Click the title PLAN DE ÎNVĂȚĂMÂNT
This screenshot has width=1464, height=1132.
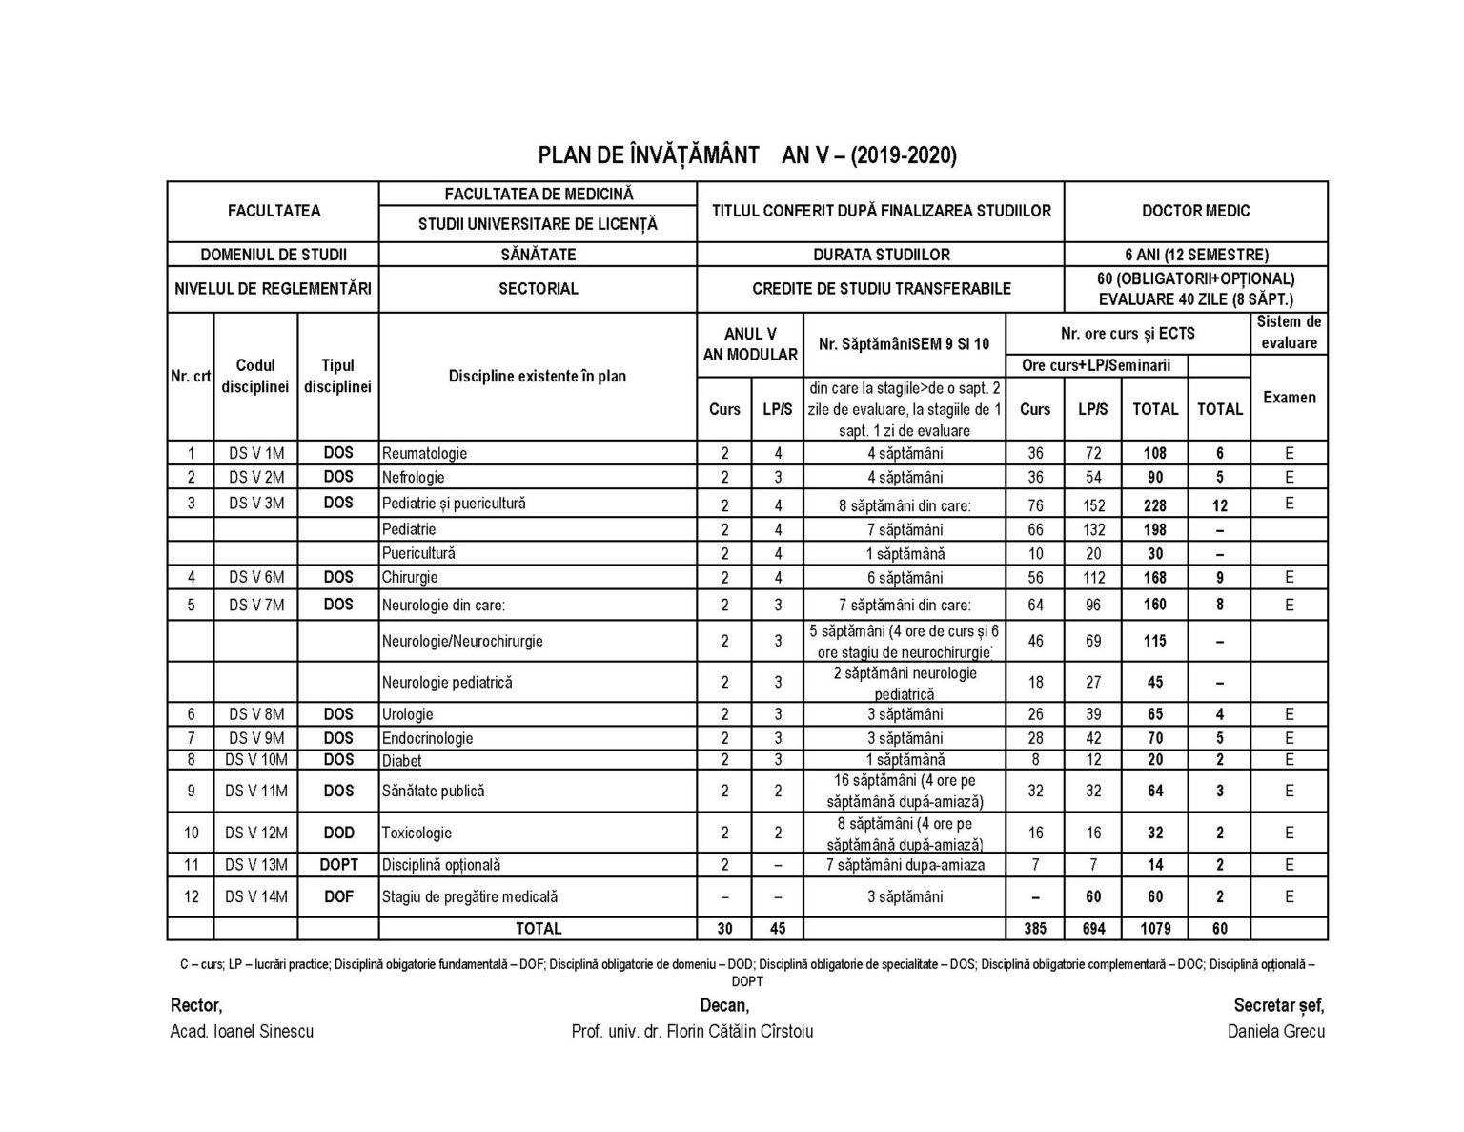[x=649, y=154]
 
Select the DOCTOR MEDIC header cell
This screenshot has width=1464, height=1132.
[x=1195, y=211]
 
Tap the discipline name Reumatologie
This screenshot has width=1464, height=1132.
[x=424, y=453]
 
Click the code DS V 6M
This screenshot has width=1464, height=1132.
[x=255, y=577]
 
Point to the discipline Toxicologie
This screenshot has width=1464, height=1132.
[x=417, y=833]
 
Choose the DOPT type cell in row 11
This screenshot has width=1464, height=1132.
[x=338, y=864]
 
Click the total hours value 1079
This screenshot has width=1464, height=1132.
[x=1154, y=928]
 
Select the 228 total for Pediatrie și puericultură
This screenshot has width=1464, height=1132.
[x=1154, y=504]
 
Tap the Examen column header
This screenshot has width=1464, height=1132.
[x=1289, y=398]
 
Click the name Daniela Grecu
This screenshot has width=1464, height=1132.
[x=1276, y=1031]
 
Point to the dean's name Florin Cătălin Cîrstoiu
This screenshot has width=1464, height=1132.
[x=692, y=1031]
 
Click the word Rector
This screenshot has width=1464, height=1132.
[x=195, y=1005]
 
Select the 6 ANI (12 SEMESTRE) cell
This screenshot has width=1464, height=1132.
[x=1195, y=255]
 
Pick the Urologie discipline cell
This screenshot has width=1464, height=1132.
[x=407, y=714]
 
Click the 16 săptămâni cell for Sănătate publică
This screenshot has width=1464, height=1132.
[x=904, y=791]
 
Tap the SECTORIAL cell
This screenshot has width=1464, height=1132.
[x=538, y=288]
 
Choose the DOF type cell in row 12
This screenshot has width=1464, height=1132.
[x=338, y=895]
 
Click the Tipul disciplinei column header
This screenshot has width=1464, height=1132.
[x=338, y=376]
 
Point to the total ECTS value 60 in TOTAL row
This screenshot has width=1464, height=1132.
[x=1219, y=928]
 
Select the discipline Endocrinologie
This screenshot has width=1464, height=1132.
[x=427, y=738]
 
